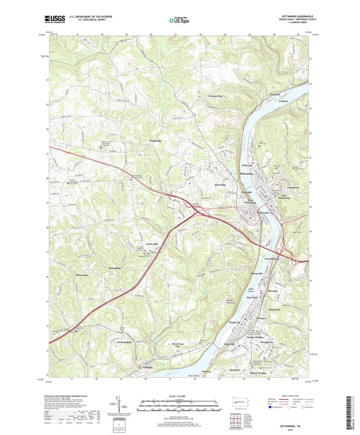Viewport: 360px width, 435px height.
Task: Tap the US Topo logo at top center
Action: [x=179, y=21]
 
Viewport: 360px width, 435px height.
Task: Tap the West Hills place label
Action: [x=215, y=184]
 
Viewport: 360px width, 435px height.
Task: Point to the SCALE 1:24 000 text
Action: [x=180, y=396]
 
